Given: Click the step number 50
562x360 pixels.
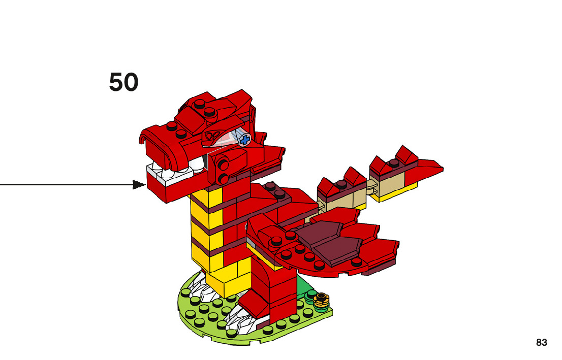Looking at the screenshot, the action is pyautogui.click(x=123, y=82).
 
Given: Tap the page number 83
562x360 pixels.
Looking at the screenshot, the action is pyautogui.click(x=542, y=343).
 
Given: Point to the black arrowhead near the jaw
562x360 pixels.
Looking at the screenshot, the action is pyautogui.click(x=139, y=185).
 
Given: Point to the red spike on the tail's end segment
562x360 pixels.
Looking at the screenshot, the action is pyautogui.click(x=407, y=155).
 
